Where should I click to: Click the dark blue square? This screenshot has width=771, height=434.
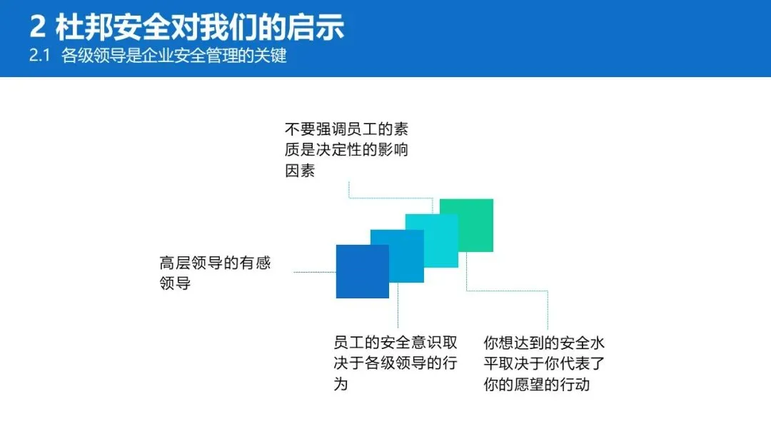362,271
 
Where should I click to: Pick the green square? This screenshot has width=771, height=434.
467,225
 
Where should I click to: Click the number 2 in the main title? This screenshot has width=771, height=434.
39,27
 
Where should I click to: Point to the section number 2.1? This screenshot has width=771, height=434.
39,56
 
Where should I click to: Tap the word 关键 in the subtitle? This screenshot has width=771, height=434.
273,56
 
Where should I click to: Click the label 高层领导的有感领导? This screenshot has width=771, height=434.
214,273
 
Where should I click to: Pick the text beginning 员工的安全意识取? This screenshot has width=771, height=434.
395,363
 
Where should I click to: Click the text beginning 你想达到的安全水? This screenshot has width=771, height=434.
544,363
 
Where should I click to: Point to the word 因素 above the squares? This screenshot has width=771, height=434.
300,171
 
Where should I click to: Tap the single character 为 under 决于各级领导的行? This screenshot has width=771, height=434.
341,384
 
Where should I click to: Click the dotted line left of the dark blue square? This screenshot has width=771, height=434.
314,272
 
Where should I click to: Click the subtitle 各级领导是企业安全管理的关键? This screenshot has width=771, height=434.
174,56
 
